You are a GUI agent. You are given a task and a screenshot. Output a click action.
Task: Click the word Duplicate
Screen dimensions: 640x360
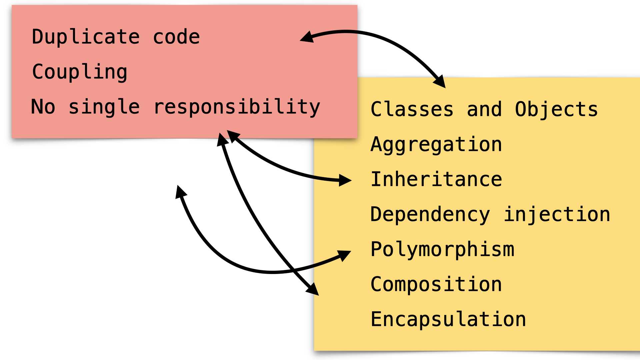[86, 37]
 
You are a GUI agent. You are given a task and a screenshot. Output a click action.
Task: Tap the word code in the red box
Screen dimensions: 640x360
[176, 37]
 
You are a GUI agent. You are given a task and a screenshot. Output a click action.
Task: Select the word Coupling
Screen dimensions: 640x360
[80, 72]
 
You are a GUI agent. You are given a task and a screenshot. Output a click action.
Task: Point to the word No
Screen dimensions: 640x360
[43, 107]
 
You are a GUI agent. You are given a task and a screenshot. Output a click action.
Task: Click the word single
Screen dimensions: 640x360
[104, 107]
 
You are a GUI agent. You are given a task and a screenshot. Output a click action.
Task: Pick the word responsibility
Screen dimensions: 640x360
[237, 107]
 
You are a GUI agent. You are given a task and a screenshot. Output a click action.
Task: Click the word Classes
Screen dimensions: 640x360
[412, 109]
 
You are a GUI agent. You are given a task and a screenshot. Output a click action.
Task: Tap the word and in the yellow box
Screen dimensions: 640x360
[484, 109]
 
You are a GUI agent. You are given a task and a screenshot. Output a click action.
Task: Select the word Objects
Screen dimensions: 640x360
[556, 110]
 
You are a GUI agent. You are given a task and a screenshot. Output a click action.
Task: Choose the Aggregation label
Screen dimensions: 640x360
[436, 145]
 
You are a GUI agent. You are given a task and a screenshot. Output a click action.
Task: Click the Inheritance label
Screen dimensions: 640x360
[436, 179]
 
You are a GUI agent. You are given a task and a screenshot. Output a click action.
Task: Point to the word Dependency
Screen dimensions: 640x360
[430, 215]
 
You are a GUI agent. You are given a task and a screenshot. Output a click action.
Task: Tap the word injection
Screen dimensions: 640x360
[557, 214]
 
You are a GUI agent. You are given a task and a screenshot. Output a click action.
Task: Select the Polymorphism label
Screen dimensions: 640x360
[442, 249]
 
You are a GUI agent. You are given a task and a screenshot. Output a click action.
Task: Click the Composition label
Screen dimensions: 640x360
[436, 284]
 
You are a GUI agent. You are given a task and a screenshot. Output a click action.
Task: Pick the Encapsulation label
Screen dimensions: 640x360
[448, 319]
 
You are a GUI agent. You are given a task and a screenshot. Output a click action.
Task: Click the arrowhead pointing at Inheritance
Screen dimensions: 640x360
[345, 180]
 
